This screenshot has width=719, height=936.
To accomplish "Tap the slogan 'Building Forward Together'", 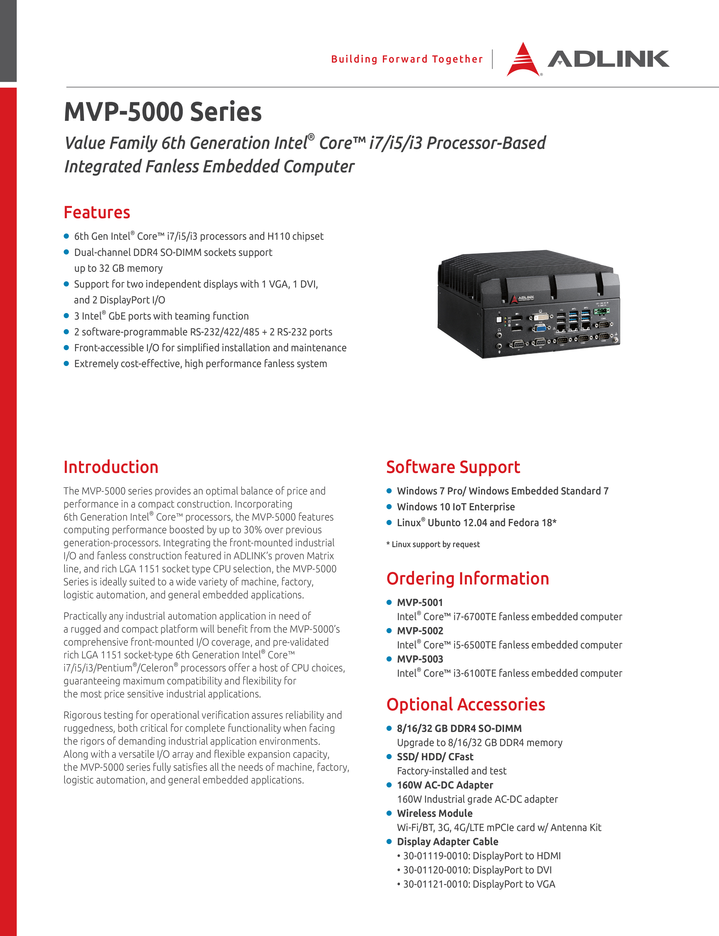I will point(407,59).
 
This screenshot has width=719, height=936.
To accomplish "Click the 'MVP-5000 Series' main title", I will point(163,112).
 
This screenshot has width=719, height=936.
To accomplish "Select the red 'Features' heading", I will point(97,213).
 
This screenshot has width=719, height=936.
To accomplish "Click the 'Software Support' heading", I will point(453,467).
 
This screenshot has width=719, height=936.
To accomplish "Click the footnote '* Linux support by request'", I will point(433,544).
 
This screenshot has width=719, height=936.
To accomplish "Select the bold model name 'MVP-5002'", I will point(420,631).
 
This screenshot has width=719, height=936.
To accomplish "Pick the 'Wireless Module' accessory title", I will point(434,813).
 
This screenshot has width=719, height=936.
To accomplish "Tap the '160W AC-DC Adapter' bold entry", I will point(445,785).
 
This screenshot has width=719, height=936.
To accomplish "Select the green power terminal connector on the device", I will point(602,311).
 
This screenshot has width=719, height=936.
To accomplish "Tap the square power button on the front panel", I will point(499,320).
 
